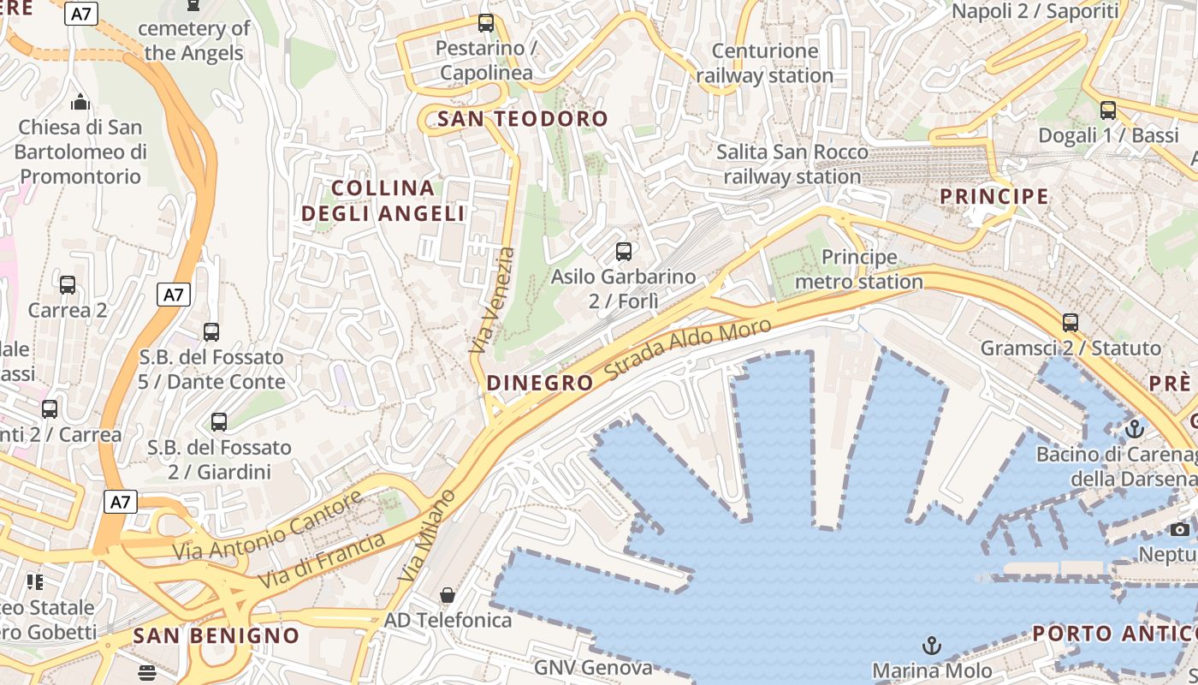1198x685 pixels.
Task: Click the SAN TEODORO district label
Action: [x=522, y=119]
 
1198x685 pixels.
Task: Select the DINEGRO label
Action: [x=540, y=383]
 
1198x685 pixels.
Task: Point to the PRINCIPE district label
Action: [x=994, y=196]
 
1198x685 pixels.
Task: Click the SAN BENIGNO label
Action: [x=216, y=635]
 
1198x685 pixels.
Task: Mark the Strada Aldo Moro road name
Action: [x=688, y=350]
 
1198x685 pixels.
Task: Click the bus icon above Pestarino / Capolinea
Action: [x=486, y=23]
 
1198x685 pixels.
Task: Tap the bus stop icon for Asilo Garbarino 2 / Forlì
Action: [x=624, y=252]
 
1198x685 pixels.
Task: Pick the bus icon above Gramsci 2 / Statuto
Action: [x=1070, y=323]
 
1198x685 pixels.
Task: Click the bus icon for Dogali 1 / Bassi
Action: [x=1108, y=110]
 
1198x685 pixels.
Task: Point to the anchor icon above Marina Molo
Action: [x=932, y=645]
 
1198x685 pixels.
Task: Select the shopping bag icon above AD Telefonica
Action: [x=447, y=594]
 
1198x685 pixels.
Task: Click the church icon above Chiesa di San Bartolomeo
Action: [x=80, y=102]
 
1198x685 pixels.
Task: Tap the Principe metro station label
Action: [x=859, y=269]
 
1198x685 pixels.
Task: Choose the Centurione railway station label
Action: [x=764, y=63]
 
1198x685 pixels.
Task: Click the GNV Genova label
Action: [x=593, y=667]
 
